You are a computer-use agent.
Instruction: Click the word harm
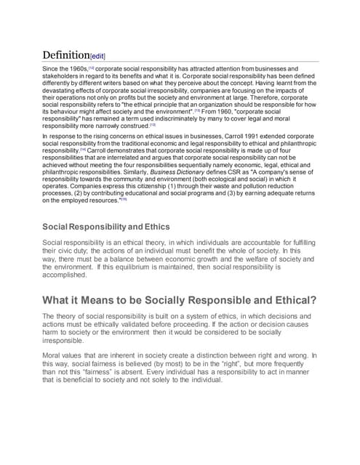point(54,335)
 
